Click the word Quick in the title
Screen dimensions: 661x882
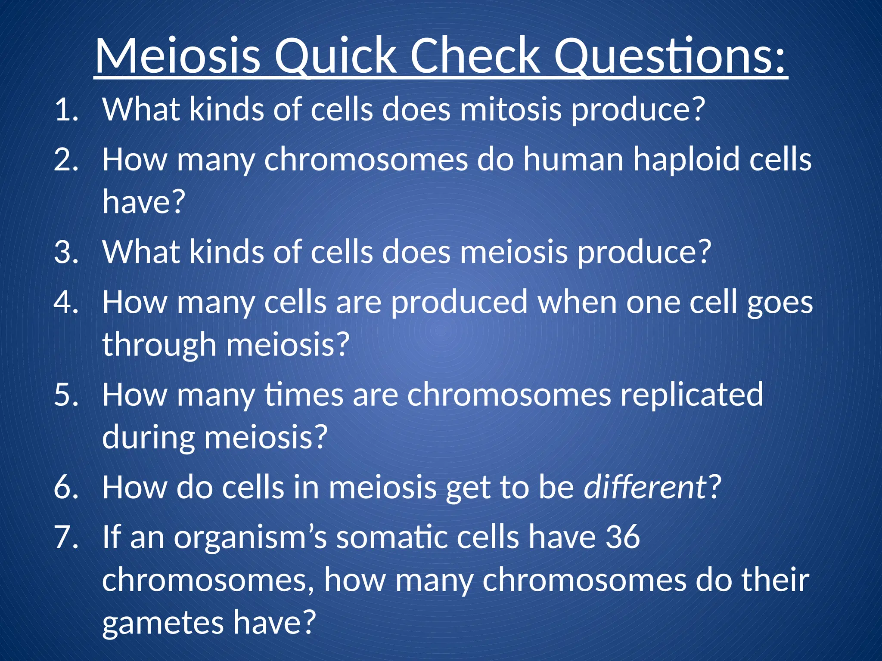335,56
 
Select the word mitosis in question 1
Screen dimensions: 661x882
511,110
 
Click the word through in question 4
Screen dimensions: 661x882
159,345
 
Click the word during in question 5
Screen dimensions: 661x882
148,438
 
